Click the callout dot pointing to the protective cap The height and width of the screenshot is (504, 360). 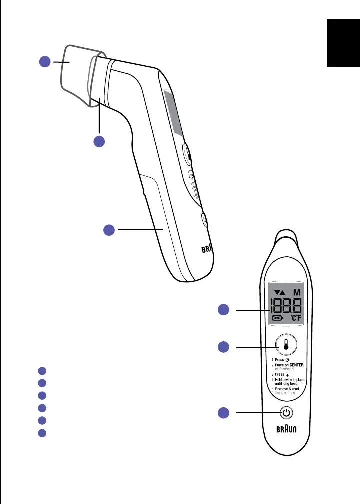click(x=45, y=62)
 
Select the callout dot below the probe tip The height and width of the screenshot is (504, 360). click(x=99, y=141)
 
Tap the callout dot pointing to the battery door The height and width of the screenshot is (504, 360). click(x=109, y=230)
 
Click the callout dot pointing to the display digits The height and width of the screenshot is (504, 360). click(x=224, y=310)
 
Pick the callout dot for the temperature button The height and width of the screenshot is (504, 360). click(x=224, y=346)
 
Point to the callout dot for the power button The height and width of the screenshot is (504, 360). click(x=224, y=413)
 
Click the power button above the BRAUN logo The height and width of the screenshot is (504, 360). click(x=285, y=413)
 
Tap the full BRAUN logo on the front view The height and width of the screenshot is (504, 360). click(x=285, y=430)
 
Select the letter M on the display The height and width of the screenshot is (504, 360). click(x=297, y=292)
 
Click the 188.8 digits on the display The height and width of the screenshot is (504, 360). click(x=285, y=305)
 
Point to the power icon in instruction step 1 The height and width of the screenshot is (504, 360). click(x=286, y=359)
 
